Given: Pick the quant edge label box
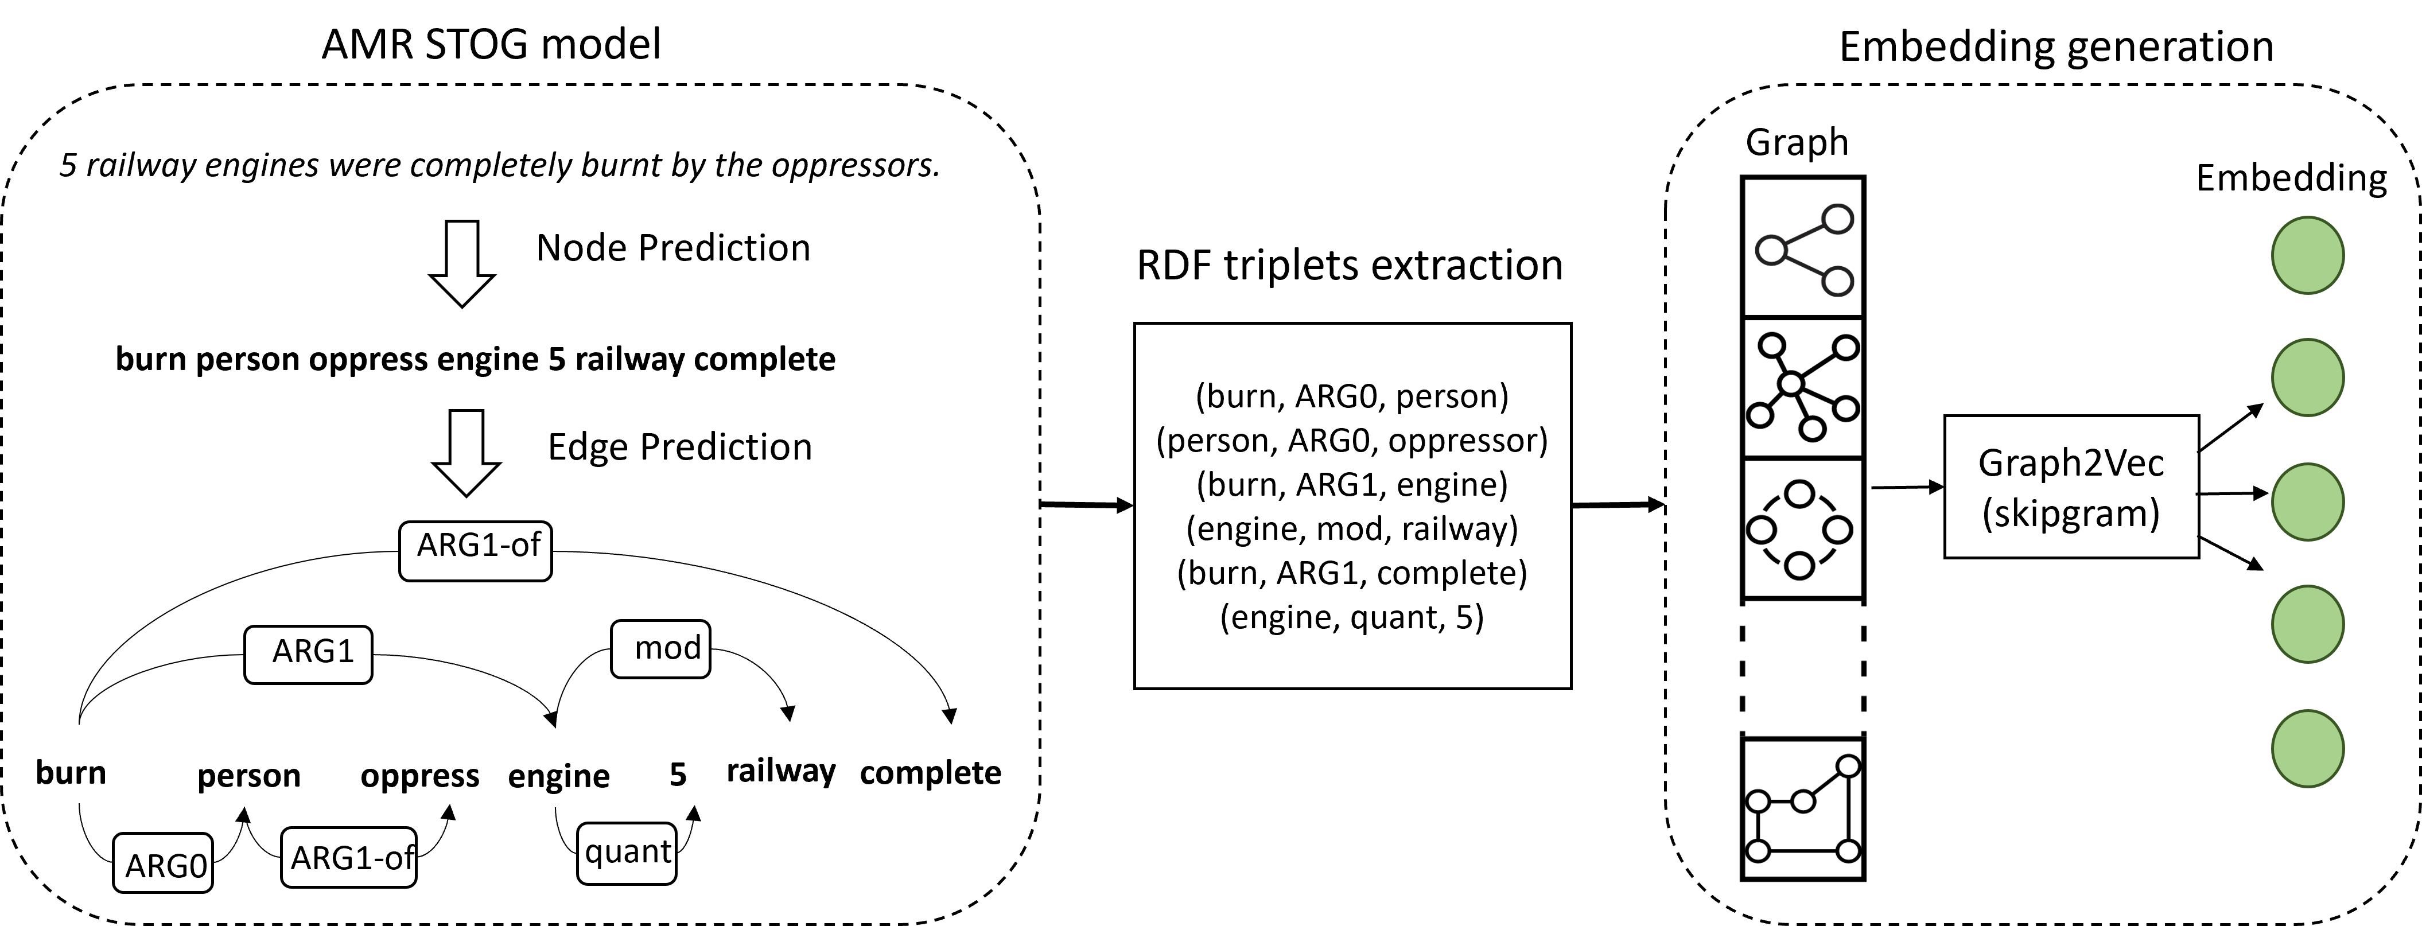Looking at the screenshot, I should tap(626, 853).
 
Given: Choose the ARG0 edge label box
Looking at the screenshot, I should tap(162, 861).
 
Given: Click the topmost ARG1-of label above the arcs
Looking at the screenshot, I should tap(476, 551).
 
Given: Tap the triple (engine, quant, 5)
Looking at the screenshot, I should tap(1352, 618).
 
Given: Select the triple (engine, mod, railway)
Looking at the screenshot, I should tap(1352, 530).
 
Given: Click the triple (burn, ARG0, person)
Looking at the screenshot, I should tap(1352, 396).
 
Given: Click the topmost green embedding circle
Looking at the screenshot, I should tap(2307, 256).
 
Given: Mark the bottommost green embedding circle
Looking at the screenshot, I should tap(2307, 748).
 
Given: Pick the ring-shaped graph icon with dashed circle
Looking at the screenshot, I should tap(1802, 530).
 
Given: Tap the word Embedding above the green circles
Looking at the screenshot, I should tap(2291, 178).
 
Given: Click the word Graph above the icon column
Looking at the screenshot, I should tap(1797, 143).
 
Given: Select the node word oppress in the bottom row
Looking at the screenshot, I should tap(419, 776).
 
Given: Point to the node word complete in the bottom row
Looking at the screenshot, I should tap(930, 774).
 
